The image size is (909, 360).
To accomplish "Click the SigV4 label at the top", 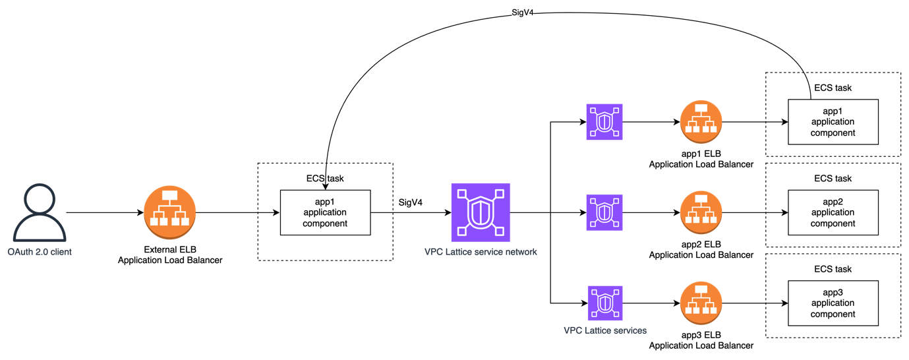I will coord(522,13).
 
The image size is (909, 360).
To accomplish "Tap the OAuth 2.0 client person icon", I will coord(39,213).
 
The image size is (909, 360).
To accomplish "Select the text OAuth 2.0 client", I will coord(39,252).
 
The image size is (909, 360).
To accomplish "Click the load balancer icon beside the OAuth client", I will coord(169,212).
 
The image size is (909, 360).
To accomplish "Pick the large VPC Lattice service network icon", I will coord(481,212).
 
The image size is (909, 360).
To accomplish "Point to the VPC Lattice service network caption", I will coord(481,252).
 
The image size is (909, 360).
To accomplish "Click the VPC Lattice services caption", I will coord(604,330).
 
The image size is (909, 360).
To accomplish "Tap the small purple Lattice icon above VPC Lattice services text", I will coord(604,303).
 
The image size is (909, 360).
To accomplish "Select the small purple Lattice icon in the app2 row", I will coord(604,212).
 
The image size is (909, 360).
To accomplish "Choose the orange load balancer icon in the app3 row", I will coord(701,303).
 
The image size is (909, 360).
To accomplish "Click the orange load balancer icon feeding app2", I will coord(701,212).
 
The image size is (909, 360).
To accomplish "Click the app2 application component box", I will coord(833,212).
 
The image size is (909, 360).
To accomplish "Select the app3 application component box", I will coord(833,303).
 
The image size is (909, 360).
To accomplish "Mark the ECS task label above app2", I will coord(833,179).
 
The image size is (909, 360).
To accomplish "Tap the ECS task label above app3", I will coord(833,269).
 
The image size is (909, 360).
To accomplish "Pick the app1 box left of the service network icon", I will coord(325,212).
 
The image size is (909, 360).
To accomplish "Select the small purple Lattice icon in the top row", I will coord(604,122).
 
